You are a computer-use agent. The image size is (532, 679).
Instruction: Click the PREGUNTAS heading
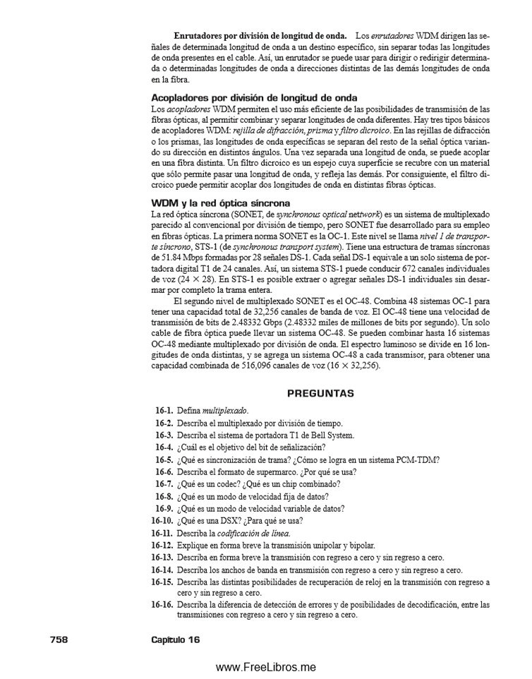[320, 392]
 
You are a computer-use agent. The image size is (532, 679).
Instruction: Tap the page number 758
[59, 639]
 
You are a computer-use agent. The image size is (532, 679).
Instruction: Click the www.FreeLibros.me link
[265, 667]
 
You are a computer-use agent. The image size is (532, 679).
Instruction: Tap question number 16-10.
[163, 521]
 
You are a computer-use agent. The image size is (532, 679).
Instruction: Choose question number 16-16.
[163, 606]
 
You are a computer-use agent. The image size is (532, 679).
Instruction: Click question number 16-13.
[163, 557]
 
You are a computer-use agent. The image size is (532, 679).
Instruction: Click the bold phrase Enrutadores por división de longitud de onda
[260, 35]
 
